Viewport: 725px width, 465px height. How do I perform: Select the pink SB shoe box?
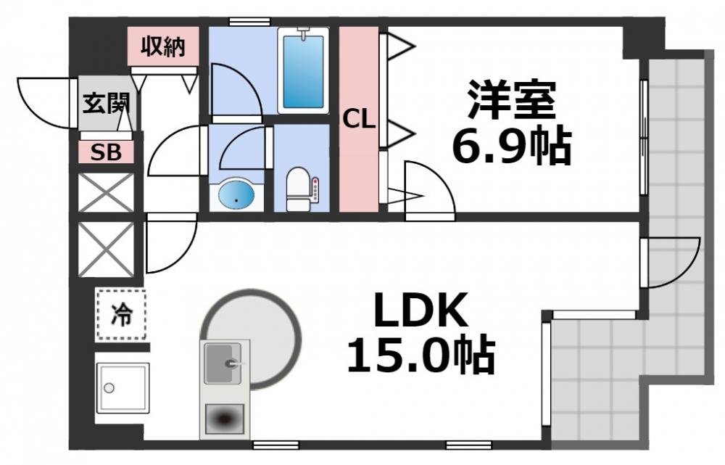click(107, 153)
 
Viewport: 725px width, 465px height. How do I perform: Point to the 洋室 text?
click(511, 100)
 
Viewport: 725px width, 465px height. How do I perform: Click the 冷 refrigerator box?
click(121, 314)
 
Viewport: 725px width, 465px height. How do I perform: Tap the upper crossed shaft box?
click(106, 192)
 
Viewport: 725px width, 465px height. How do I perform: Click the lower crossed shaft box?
click(106, 250)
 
